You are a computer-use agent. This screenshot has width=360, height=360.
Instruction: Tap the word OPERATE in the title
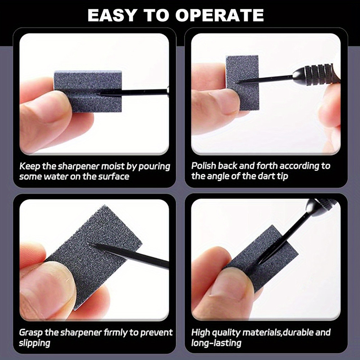pos(220,15)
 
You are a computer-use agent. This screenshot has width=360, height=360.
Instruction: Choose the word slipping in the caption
pos(35,343)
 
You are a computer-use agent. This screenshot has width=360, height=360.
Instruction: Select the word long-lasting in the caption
pos(216,343)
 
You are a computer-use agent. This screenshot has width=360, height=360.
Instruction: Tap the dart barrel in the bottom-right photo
pos(321,207)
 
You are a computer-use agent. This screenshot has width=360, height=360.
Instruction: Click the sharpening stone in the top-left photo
pos(88,91)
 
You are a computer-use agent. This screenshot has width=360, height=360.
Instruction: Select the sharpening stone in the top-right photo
pos(243,83)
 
